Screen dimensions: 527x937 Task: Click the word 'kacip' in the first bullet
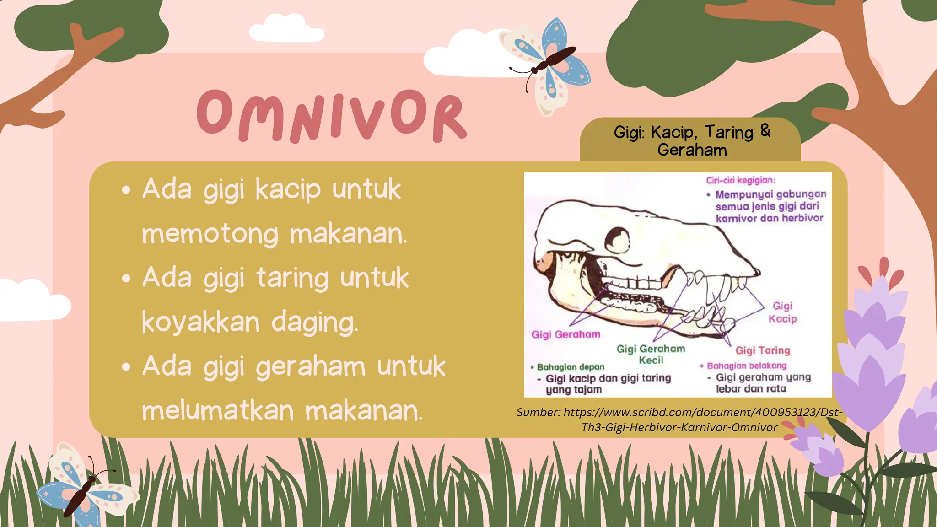coord(288,189)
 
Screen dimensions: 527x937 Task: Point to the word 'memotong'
coord(210,234)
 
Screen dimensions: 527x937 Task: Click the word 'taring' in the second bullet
coord(292,278)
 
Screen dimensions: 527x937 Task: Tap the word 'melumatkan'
coord(217,410)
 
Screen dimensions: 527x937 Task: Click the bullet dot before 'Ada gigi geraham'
coord(126,367)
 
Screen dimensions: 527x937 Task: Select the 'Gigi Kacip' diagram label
coord(782,312)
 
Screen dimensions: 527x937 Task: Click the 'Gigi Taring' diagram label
coord(763,350)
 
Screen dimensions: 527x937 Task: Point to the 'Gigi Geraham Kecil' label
coord(651,354)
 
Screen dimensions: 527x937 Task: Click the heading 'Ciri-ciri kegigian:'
coord(740,180)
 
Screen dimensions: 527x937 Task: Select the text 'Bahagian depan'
coord(571,367)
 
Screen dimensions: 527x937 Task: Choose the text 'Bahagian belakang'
coord(747,366)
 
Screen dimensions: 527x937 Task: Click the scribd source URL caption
coord(679,419)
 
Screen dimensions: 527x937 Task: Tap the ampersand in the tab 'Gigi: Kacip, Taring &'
coord(765,131)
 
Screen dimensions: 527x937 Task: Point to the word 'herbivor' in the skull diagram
coord(802,218)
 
